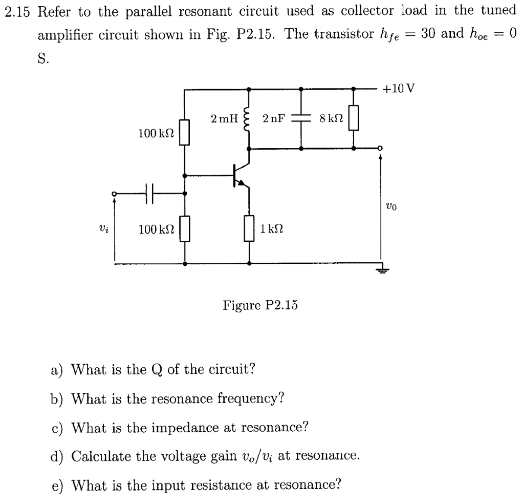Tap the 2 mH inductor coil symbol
tap(249, 119)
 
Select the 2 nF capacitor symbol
tap(301, 119)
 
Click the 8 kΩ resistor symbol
tap(354, 118)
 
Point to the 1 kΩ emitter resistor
tap(249, 228)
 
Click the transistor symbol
tap(239, 175)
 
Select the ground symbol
tap(380, 270)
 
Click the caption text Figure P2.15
tap(260, 305)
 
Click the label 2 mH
tap(224, 119)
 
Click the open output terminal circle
tap(380, 149)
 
